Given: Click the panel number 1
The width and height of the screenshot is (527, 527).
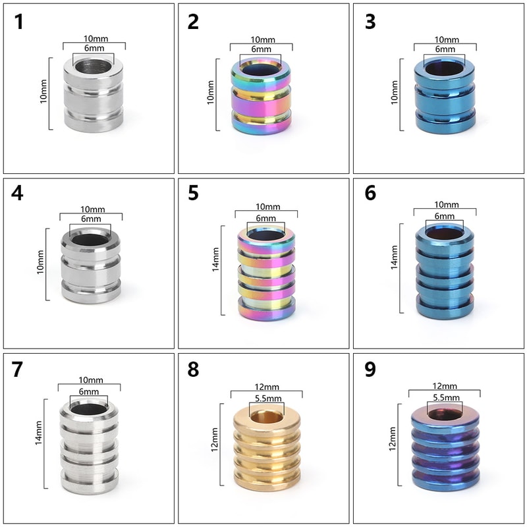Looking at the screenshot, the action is tap(19, 22).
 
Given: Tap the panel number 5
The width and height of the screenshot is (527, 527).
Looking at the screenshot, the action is tap(193, 193).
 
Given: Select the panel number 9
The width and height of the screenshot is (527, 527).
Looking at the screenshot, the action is tap(370, 370).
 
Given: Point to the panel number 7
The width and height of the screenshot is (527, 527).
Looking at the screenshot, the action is tap(17, 370).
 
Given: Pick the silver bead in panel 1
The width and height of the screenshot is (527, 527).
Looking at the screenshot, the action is tap(93, 95).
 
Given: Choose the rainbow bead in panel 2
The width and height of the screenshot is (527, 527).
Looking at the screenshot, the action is tap(261, 96).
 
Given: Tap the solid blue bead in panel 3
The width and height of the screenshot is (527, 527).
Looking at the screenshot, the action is tap(445, 96).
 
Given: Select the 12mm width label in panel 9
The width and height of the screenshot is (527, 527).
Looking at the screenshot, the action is tap(445, 386).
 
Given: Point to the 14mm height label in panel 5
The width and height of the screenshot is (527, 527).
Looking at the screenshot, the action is tap(215, 260).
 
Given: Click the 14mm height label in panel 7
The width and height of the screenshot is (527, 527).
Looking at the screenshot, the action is tap(39, 433).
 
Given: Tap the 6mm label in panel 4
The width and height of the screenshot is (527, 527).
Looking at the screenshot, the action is tap(91, 219).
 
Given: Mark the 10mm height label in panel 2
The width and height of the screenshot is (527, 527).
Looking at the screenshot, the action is tap(210, 92).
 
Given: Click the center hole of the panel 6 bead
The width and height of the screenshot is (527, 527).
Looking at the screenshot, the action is tap(444, 234).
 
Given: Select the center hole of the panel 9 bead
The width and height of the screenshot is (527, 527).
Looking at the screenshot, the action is tap(445, 414).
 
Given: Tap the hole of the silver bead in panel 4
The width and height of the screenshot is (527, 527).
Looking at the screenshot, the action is tap(90, 240).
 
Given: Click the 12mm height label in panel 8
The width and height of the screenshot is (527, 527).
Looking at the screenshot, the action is tap(215, 439).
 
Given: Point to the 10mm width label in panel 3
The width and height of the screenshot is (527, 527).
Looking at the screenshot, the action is tap(447, 40).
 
